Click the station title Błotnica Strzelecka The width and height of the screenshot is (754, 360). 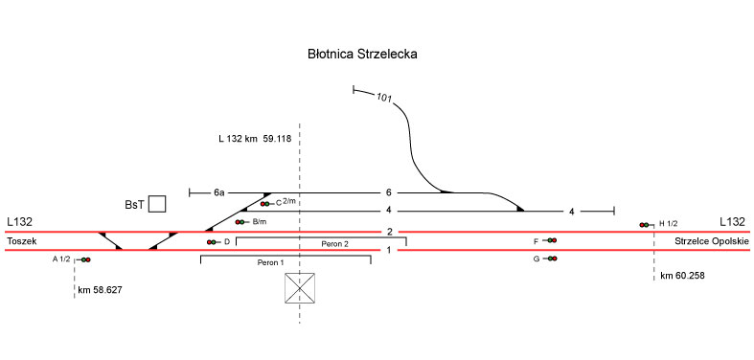(362, 55)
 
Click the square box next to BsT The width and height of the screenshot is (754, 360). (157, 204)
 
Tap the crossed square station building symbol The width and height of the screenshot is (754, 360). (300, 288)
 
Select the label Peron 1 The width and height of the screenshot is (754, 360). (271, 263)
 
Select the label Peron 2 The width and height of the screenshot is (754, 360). (334, 244)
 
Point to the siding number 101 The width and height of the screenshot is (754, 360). (384, 99)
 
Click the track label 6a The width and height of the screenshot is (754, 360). (218, 193)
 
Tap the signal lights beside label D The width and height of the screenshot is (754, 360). (211, 242)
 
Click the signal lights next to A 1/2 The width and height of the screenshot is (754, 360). (85, 259)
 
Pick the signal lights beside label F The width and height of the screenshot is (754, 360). (552, 240)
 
